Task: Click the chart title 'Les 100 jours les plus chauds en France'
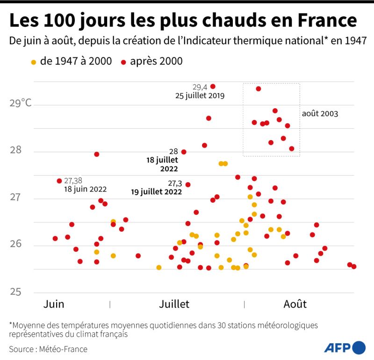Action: tap(183, 21)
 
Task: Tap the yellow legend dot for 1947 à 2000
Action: tap(33, 62)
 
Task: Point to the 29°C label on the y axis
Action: tap(21, 103)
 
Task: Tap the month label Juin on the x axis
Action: tap(54, 304)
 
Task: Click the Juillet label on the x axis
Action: tap(174, 304)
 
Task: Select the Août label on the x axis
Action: tap(295, 304)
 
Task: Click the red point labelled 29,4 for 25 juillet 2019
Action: tap(213, 86)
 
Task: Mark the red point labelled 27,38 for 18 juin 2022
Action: tap(59, 181)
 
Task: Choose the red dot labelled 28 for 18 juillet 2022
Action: tap(184, 152)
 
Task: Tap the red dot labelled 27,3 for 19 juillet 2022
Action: tap(188, 184)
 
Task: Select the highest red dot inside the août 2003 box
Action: tap(259, 89)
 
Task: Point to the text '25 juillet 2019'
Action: tap(200, 96)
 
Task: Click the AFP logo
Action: tap(345, 347)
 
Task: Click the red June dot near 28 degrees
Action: tap(97, 154)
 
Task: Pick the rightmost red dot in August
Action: tap(354, 267)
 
